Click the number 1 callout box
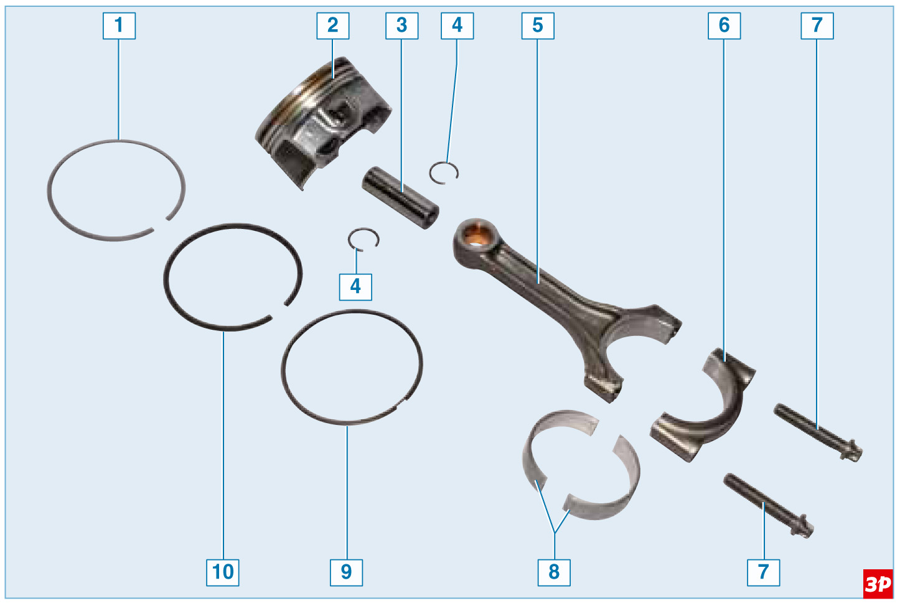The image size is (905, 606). pos(119,26)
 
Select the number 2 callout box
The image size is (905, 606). pos(333,26)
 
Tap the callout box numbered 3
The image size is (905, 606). pos(402,26)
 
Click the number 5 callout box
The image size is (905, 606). pos(538,26)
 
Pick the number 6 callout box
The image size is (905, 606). pos(724,26)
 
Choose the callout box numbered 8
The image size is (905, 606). pos(554,572)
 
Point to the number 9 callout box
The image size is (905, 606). pos(347,572)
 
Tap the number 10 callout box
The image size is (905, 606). pos(223,572)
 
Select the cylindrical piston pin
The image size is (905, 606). pos(400,198)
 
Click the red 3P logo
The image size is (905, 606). pos(878,584)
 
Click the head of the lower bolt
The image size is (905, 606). pos(803,526)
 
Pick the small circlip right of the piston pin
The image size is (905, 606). pos(444,173)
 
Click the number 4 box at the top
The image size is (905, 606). pos(457,26)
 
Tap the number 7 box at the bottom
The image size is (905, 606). pos(764,572)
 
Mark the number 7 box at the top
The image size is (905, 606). pos(817,26)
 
